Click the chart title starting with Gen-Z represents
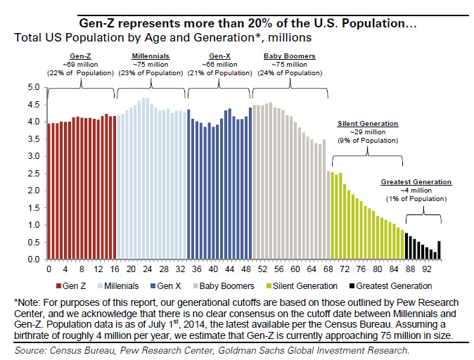[247, 23]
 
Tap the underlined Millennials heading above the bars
[149, 56]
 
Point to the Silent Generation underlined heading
[368, 123]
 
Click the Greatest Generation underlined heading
[416, 181]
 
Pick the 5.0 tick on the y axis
[32, 88]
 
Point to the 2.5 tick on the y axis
[32, 174]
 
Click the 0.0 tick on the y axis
[32, 259]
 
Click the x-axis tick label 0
[49, 269]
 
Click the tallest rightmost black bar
[439, 250]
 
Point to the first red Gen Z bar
[49, 191]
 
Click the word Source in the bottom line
[30, 349]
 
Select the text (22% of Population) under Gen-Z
[81, 72]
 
